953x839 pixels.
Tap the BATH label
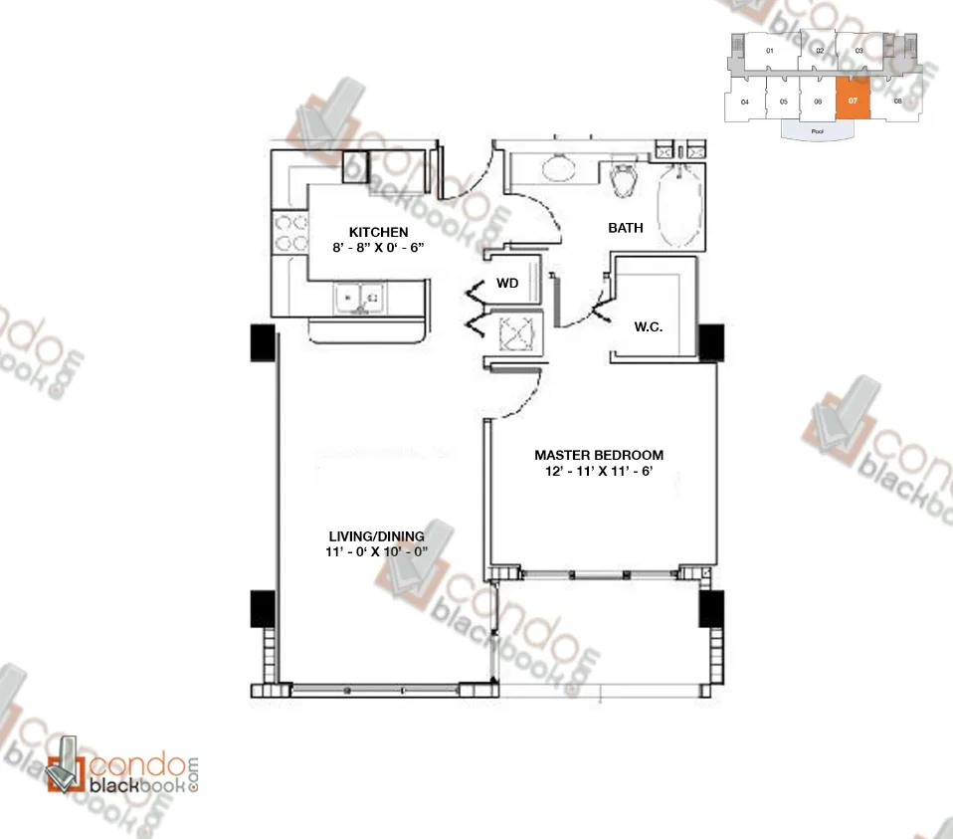(x=626, y=228)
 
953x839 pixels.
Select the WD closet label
(x=508, y=284)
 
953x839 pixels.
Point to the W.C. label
(x=651, y=325)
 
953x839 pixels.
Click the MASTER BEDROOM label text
(x=595, y=455)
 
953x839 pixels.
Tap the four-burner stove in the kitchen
(x=290, y=233)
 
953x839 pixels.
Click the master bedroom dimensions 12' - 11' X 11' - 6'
(x=595, y=473)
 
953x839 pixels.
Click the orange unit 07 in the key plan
(x=853, y=101)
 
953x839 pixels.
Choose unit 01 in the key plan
(x=770, y=50)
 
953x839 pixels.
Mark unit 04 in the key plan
(x=744, y=102)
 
